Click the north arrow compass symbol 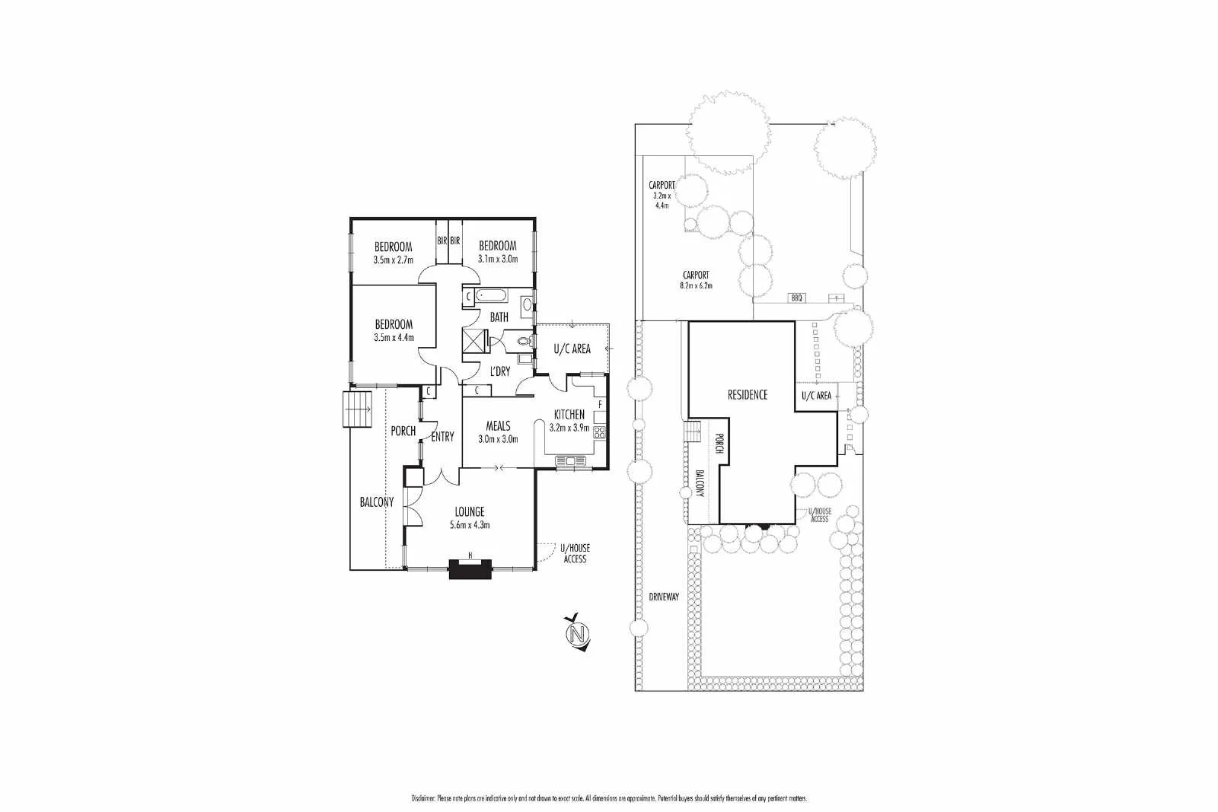point(579,633)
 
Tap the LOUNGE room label point(470,512)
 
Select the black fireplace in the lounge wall point(470,569)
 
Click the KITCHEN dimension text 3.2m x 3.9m point(569,427)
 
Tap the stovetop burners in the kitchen point(599,433)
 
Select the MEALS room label point(498,426)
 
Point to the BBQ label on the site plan point(797,298)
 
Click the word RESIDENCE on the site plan point(747,394)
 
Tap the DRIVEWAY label point(664,597)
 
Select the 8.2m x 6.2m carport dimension point(697,286)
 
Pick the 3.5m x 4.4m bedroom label point(394,337)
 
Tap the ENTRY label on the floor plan point(442,437)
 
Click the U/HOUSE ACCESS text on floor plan point(575,553)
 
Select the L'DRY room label point(499,371)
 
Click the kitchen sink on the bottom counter point(568,460)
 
